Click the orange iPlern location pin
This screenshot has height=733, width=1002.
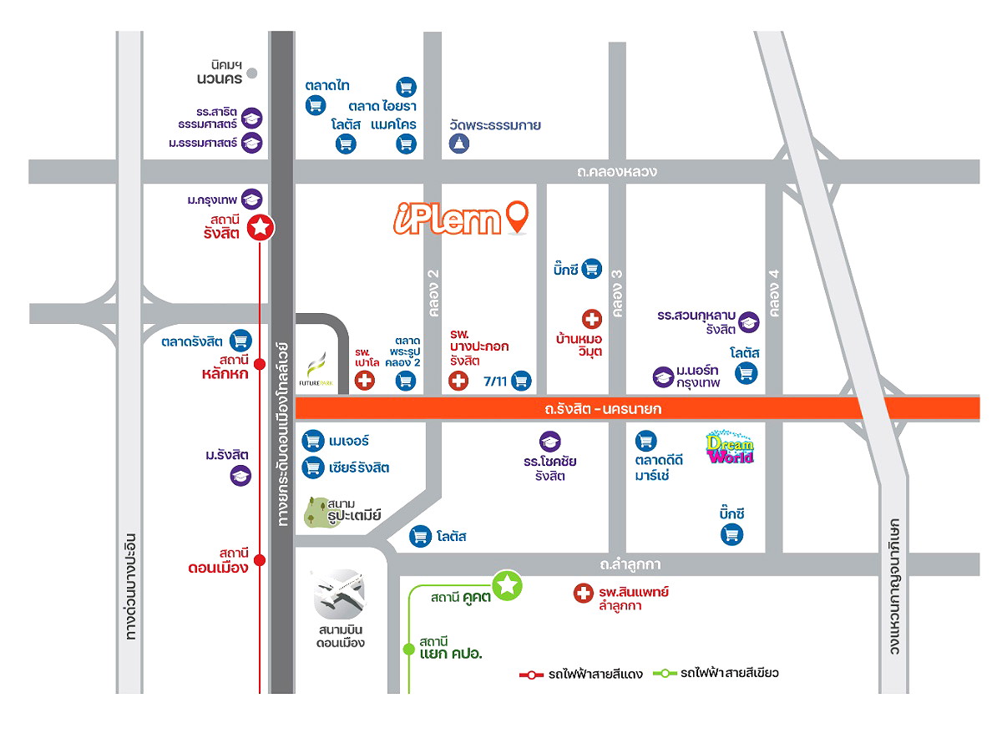coord(518,216)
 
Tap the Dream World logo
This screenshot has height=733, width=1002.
coord(730,447)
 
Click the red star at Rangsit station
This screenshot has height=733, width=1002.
coord(261,226)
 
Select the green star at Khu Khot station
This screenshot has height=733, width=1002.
coord(507,586)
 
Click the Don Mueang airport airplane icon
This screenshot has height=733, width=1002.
coord(339,594)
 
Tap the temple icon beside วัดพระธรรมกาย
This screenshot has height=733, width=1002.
coord(460,144)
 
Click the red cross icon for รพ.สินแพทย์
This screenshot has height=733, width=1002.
coord(583,594)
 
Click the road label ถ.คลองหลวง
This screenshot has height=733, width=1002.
coord(616,172)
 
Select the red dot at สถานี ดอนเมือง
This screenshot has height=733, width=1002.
coord(260,559)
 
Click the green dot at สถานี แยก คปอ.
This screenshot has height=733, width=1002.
coord(408,649)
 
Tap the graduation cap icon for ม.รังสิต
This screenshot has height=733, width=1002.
coord(240,476)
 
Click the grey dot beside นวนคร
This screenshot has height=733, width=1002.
coord(252,73)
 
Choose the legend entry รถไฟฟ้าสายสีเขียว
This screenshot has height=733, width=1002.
coord(718,673)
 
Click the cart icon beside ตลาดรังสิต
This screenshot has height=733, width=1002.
coord(240,340)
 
